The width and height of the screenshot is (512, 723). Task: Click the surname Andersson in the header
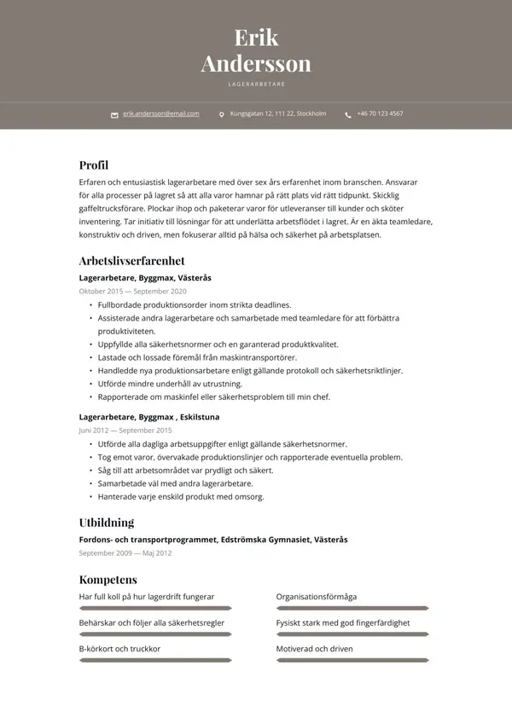tap(256, 64)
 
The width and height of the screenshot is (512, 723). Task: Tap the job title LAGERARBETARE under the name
tap(256, 84)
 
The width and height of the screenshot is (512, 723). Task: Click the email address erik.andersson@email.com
tap(160, 113)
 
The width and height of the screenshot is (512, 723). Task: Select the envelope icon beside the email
tap(114, 114)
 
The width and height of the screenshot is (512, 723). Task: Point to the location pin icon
tap(222, 114)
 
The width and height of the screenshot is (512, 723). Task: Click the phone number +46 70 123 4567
tap(380, 113)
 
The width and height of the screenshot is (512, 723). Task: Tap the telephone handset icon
tap(348, 114)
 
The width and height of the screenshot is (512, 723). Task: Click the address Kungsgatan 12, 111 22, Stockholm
tap(278, 113)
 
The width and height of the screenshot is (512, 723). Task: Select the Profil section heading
tap(94, 165)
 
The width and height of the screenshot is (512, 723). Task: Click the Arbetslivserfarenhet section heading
tap(131, 261)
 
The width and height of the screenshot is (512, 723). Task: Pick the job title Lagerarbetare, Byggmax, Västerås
tap(145, 278)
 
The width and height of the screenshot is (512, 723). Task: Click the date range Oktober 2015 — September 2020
tap(132, 292)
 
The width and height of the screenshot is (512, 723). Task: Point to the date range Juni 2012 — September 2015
tap(125, 431)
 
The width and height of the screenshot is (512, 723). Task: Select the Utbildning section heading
tap(107, 523)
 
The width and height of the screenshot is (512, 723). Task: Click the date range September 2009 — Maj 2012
tap(126, 553)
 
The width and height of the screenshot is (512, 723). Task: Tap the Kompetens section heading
tap(108, 581)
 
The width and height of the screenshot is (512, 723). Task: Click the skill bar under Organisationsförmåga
tap(352, 609)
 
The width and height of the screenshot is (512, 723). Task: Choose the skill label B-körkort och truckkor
tap(119, 649)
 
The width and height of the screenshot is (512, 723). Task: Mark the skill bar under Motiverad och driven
tap(352, 661)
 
